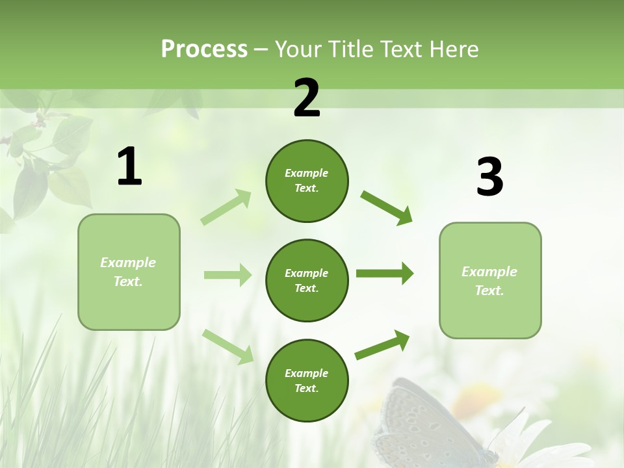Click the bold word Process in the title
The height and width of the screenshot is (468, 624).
point(204,49)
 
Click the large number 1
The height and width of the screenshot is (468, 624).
point(129,167)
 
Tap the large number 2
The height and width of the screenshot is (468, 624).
point(307,98)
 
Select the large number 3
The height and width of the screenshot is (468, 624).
point(489,177)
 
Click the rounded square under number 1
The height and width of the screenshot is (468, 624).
point(129,272)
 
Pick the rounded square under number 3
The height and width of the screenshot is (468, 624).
point(490,280)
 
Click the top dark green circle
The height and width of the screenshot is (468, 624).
point(307,181)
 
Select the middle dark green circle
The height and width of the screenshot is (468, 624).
point(307,280)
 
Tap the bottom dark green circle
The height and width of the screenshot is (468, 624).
point(307,380)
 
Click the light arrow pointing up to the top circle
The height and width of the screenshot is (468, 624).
point(226,207)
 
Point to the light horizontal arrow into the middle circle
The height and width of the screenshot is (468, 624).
point(227,275)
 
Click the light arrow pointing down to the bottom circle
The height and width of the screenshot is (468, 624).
point(227,346)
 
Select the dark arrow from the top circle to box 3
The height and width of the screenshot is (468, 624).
point(386,207)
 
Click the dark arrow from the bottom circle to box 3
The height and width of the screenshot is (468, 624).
point(382,344)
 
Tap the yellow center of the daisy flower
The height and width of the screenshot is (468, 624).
point(478,396)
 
